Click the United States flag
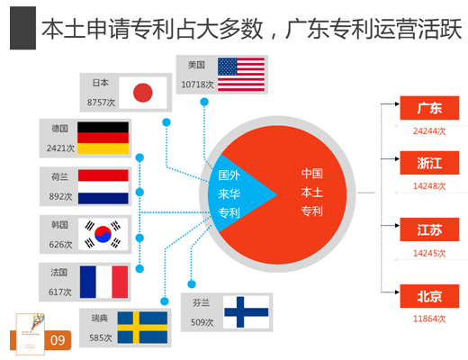pos(241,75)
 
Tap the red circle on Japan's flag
pos(143,93)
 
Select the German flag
pos(103,138)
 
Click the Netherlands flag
pos(103,186)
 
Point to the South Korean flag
pos(103,234)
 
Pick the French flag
pos(103,282)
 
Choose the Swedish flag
pos(142,328)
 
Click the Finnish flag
pos(247,311)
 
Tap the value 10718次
pos(197,85)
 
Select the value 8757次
pos(101,103)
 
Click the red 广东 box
pos(429,108)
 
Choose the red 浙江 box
pos(429,163)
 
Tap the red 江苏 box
pos(429,229)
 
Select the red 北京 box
pos(429,296)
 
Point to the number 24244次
pos(429,131)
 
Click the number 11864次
pos(429,319)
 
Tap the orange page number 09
pos(58,340)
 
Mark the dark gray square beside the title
pos(22,28)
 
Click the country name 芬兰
pos(201,302)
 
